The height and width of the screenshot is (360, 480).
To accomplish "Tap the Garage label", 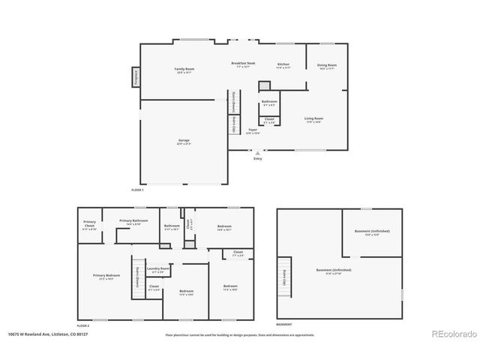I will pyautogui.click(x=184, y=142).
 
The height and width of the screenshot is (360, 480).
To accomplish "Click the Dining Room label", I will pyautogui.click(x=326, y=67).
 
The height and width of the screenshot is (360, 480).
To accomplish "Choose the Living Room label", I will pyautogui.click(x=313, y=119).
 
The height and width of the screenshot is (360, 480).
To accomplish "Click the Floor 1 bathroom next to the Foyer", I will pyautogui.click(x=269, y=103).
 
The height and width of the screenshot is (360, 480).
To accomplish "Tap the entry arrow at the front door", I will pyautogui.click(x=258, y=153).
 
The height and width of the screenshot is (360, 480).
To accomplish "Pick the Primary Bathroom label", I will pyautogui.click(x=134, y=222).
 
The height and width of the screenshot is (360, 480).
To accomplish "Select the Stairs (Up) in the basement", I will pyautogui.click(x=284, y=274).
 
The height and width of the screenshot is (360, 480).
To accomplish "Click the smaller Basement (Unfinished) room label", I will pyautogui.click(x=372, y=233).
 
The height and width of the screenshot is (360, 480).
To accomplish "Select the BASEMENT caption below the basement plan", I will pyautogui.click(x=284, y=325).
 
